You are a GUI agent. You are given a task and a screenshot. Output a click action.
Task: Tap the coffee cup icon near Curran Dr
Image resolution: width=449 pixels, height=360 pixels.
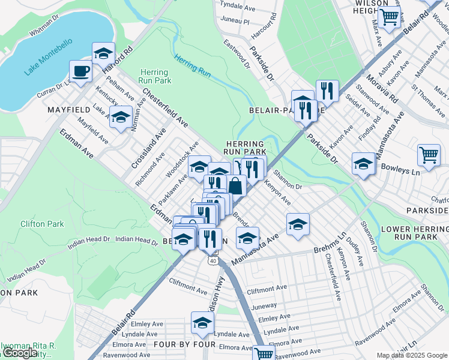click(80, 71)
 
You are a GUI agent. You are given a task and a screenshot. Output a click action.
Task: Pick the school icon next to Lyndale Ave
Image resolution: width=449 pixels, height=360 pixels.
click(202, 323)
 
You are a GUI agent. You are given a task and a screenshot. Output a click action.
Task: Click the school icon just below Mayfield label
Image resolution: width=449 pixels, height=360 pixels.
click(121, 117)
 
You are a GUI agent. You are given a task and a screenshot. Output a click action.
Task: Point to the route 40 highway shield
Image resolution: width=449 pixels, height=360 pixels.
click(213, 260)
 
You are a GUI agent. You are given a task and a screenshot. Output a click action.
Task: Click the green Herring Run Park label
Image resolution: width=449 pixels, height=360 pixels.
click(155, 76)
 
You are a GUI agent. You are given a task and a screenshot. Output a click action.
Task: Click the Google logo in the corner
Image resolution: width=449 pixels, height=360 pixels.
click(20, 353)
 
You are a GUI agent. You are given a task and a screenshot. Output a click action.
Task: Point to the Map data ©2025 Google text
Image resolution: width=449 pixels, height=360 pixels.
click(412, 355)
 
